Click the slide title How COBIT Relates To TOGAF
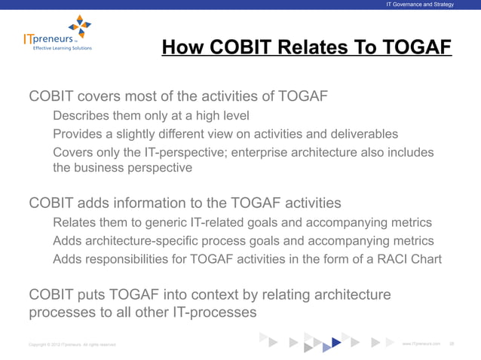tap(306, 48)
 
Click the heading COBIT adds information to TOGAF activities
tap(185, 203)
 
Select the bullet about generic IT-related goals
tap(242, 223)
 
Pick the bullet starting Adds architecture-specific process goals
tap(243, 241)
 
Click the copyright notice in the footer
tap(72, 344)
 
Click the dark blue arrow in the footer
tap(335, 343)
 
